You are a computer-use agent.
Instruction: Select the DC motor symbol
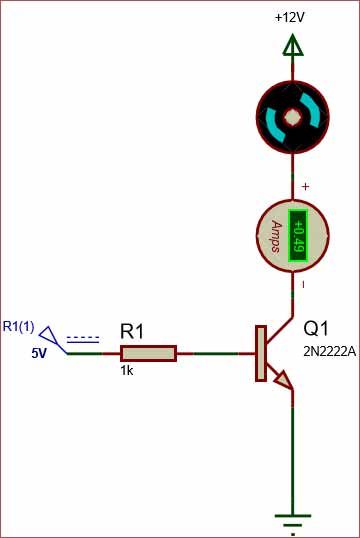[x=292, y=116]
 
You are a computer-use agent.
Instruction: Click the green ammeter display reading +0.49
[x=297, y=236]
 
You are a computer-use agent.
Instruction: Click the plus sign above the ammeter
[x=305, y=187]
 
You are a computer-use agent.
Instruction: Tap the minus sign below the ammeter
[x=304, y=286]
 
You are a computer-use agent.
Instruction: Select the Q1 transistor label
[x=316, y=329]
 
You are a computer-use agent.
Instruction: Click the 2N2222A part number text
[x=329, y=350]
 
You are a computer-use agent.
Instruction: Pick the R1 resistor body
[x=148, y=353]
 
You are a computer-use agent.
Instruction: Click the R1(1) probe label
[x=18, y=326]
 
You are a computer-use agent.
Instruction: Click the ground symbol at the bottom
[x=292, y=522]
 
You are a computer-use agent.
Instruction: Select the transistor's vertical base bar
[x=261, y=353]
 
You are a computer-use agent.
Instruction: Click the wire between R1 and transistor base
[x=214, y=353]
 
